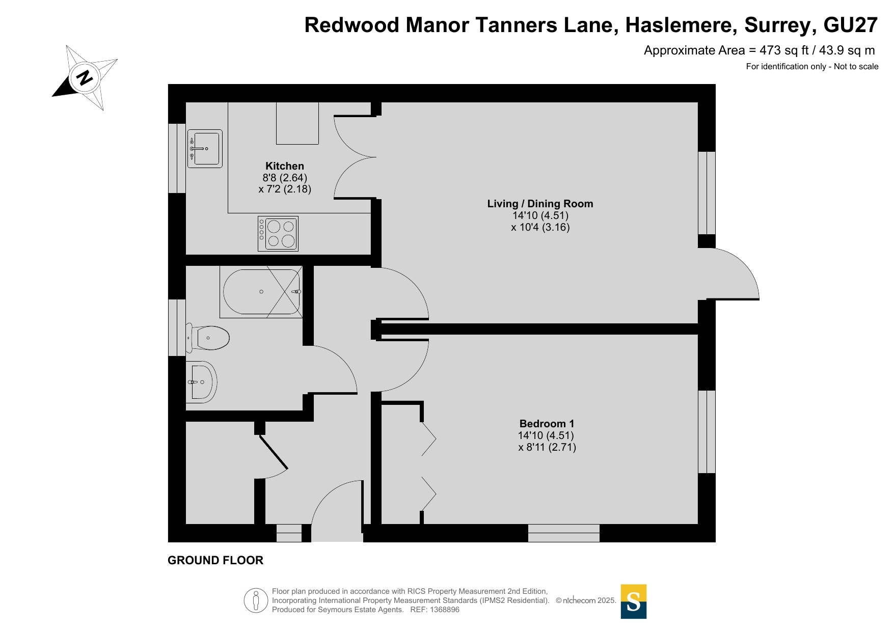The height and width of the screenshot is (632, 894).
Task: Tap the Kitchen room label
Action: [x=285, y=166]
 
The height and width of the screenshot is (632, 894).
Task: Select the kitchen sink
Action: [x=205, y=149]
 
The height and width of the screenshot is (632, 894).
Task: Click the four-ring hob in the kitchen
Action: [x=278, y=234]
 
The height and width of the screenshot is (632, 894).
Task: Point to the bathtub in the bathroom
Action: [x=261, y=292]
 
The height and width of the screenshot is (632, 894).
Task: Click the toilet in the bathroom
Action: [x=208, y=338]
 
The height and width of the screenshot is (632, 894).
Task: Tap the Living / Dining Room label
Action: [x=540, y=204]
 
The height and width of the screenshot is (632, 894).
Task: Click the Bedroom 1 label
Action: [x=547, y=424]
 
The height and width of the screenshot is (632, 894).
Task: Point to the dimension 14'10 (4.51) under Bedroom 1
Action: [x=546, y=435]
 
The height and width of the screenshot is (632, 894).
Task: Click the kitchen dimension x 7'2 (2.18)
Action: [x=285, y=189]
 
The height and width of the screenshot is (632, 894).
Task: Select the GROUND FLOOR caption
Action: [x=215, y=560]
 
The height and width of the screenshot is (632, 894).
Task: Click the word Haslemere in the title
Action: [x=681, y=25]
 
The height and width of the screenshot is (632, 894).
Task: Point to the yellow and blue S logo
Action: [x=634, y=601]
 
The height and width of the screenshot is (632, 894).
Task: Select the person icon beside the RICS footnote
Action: [x=256, y=600]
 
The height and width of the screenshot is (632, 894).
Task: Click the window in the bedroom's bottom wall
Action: [x=564, y=533]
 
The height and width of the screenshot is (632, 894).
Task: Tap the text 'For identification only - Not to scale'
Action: [x=812, y=66]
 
